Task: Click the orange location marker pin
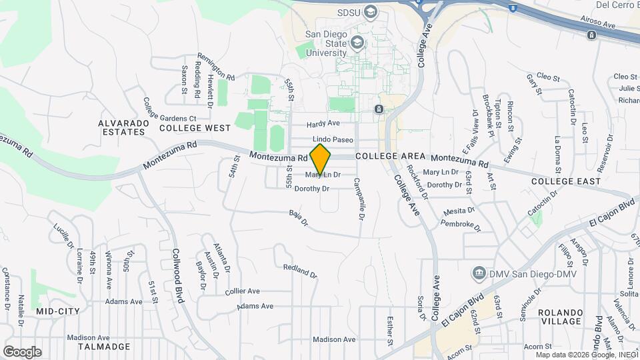click(321, 159)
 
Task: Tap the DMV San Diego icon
click(478, 273)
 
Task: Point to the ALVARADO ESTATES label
click(121, 127)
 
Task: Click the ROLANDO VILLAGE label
click(560, 317)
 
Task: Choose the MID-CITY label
click(58, 311)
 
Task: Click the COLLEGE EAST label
click(566, 181)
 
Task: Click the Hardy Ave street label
click(323, 123)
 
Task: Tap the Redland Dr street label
click(299, 270)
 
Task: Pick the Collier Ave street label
click(242, 291)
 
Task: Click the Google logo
click(22, 351)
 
